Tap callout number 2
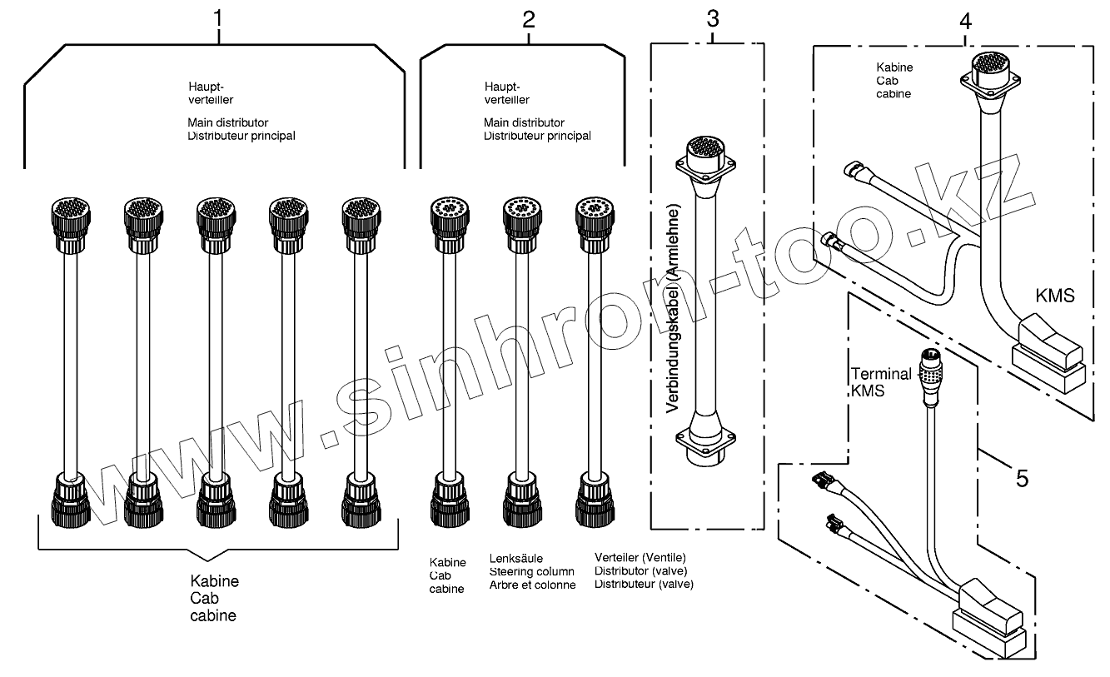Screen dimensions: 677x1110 click(x=529, y=20)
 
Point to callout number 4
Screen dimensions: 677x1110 click(x=965, y=21)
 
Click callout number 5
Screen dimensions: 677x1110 click(x=1022, y=478)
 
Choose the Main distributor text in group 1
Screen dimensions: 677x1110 click(x=227, y=122)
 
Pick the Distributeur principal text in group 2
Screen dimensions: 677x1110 click(x=537, y=136)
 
